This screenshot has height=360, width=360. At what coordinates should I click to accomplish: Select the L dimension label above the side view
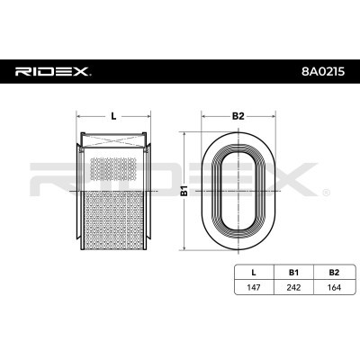click(x=112, y=116)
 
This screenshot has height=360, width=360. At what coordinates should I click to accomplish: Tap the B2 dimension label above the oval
click(x=238, y=116)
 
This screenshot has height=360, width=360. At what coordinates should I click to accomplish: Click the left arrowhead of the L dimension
click(x=81, y=116)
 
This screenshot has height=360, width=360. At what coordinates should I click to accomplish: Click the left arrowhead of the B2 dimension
click(x=203, y=116)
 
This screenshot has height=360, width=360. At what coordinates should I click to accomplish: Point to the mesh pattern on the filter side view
click(x=112, y=207)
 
